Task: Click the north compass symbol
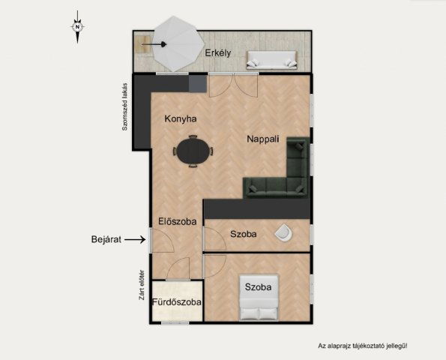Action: point(77,27)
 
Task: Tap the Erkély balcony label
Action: point(218,53)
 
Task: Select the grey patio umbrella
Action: point(178,43)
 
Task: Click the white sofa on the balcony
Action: point(271,60)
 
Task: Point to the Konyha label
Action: point(181,118)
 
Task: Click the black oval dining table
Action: point(193,151)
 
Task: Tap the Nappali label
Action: point(263,139)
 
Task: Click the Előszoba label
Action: point(178,221)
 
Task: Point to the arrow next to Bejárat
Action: point(135,240)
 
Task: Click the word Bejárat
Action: point(106,239)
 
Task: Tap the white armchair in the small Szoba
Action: point(283,232)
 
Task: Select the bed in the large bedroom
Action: point(259,297)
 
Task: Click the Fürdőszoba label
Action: point(177,302)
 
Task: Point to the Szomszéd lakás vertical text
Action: point(124,106)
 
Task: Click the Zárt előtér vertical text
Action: point(142,285)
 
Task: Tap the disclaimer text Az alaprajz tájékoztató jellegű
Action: point(363,346)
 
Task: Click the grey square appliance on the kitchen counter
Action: point(198,83)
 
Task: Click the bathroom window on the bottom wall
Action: point(175,323)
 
